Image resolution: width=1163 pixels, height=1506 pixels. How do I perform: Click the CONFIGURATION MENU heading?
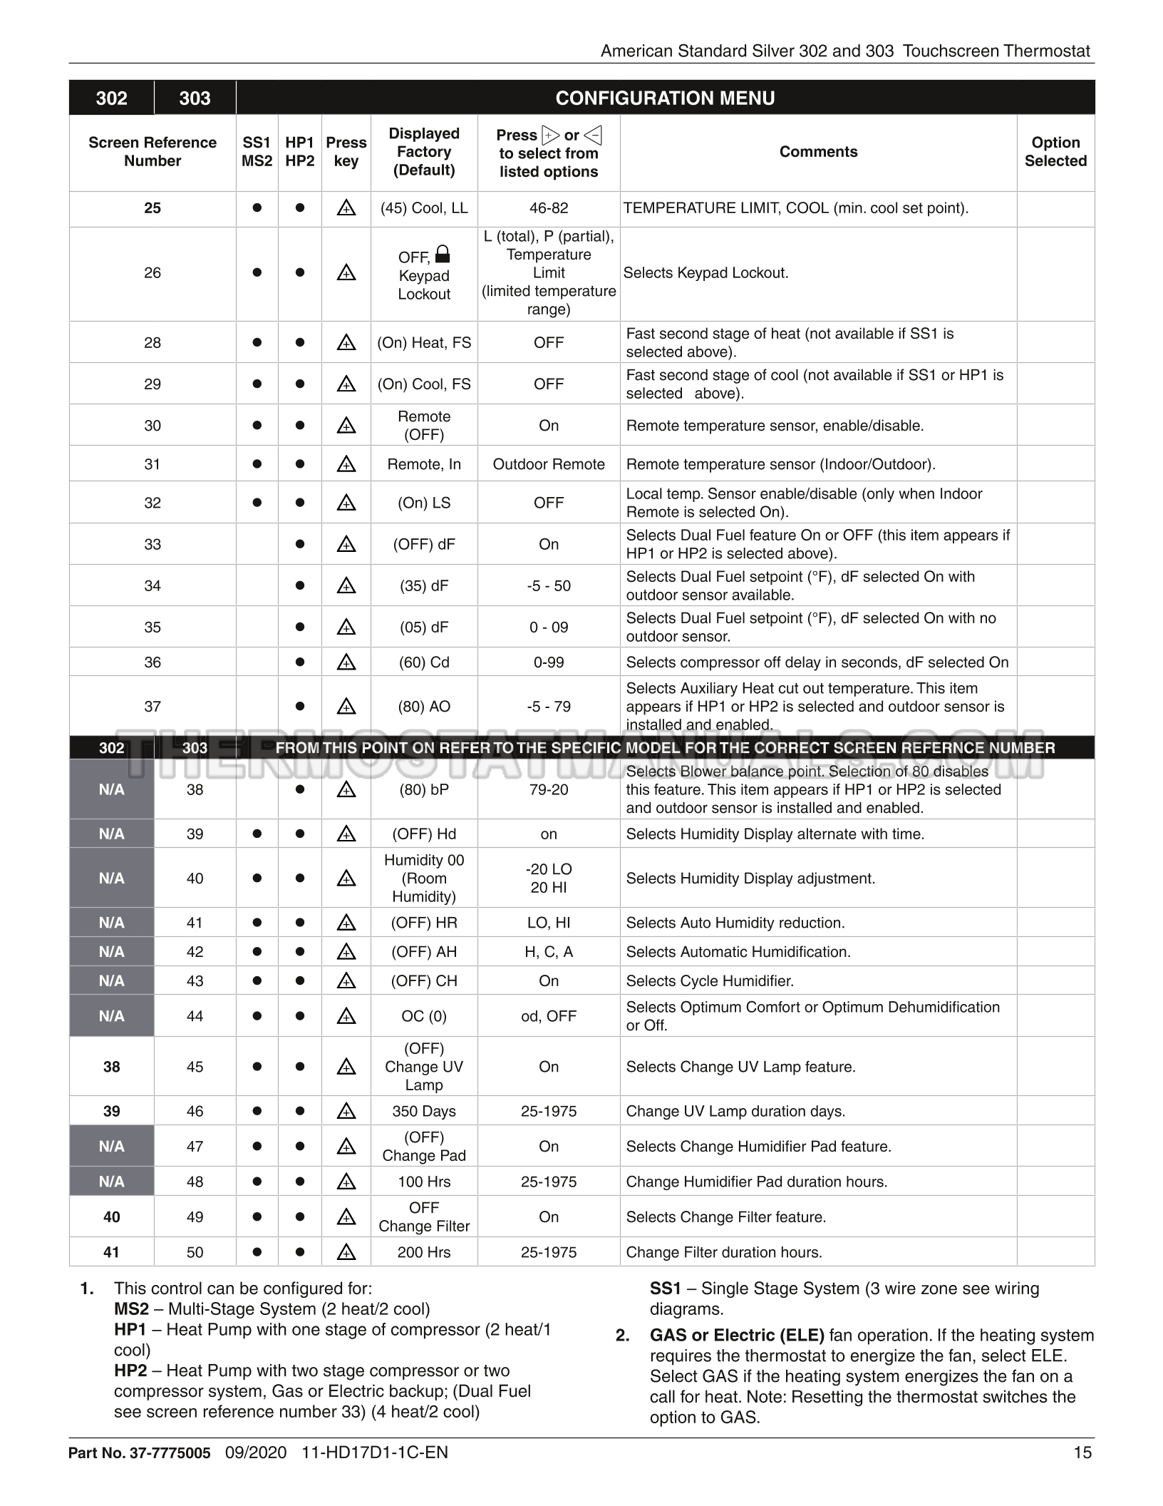click(664, 98)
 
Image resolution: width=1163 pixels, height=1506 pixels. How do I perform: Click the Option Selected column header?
click(1055, 152)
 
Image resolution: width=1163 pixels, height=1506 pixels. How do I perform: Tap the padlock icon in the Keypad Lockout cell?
click(442, 254)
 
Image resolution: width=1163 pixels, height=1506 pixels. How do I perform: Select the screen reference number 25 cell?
click(153, 208)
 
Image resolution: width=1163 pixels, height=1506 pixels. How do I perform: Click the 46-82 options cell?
click(548, 208)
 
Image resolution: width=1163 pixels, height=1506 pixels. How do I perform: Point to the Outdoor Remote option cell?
click(548, 464)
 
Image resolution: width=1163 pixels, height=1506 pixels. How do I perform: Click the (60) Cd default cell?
click(424, 662)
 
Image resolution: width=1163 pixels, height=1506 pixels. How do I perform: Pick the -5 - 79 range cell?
click(548, 707)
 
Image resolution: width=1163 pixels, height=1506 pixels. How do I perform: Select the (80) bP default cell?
click(424, 789)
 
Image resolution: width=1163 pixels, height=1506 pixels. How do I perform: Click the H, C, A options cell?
click(548, 952)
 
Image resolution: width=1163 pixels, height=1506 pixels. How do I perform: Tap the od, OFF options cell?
click(548, 1016)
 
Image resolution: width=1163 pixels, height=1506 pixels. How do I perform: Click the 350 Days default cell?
click(424, 1111)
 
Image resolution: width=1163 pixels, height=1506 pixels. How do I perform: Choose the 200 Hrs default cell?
click(424, 1252)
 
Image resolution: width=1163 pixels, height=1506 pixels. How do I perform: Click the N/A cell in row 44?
click(112, 1016)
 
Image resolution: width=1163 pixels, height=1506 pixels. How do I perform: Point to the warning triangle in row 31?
click(346, 464)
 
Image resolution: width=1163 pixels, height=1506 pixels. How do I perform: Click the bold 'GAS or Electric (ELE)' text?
click(737, 1335)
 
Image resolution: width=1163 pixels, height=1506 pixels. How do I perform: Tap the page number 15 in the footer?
click(1082, 1453)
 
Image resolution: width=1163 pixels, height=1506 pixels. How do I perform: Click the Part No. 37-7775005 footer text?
click(140, 1453)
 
